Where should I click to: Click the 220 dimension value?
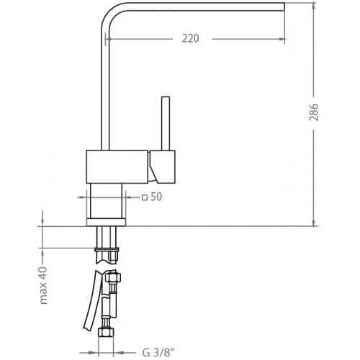191,38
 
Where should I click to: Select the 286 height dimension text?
314,112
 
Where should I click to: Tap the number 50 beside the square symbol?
156,197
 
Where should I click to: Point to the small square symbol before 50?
145,198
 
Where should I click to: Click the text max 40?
43,285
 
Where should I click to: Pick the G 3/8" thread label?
158,353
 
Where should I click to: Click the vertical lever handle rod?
166,123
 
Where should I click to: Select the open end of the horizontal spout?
284,7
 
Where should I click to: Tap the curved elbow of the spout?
109,13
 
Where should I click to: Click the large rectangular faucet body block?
117,167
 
